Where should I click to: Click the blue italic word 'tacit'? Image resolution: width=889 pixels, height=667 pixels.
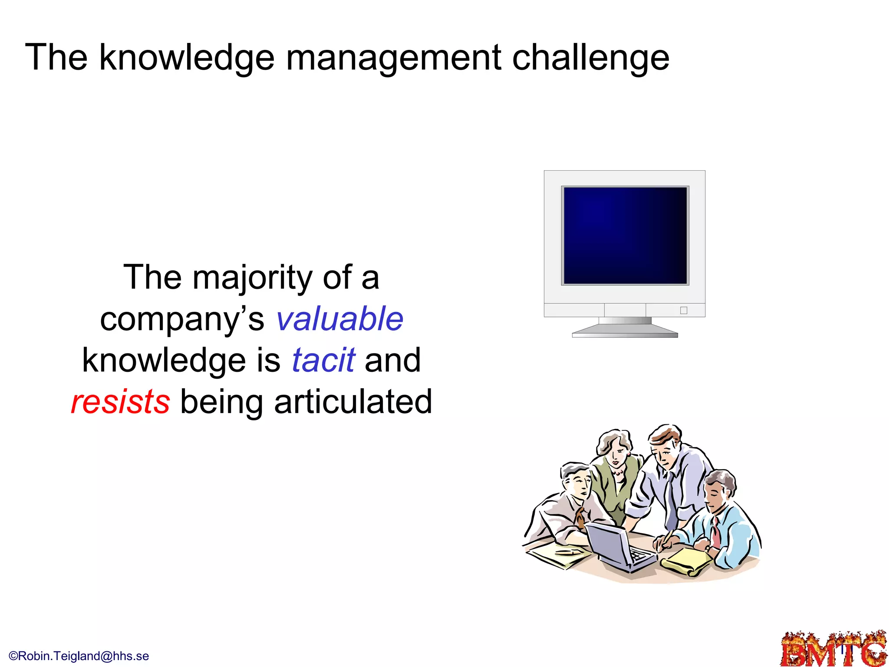323,360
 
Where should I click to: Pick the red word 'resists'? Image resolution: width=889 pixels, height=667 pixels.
120,402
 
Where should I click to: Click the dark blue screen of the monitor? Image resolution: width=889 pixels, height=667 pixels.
625,236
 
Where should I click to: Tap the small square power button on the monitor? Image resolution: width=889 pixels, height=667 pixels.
684,310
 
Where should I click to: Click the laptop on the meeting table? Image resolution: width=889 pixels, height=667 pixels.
616,547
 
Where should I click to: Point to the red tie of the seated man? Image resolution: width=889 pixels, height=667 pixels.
715,532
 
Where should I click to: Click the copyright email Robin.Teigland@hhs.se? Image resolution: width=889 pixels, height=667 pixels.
79,656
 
